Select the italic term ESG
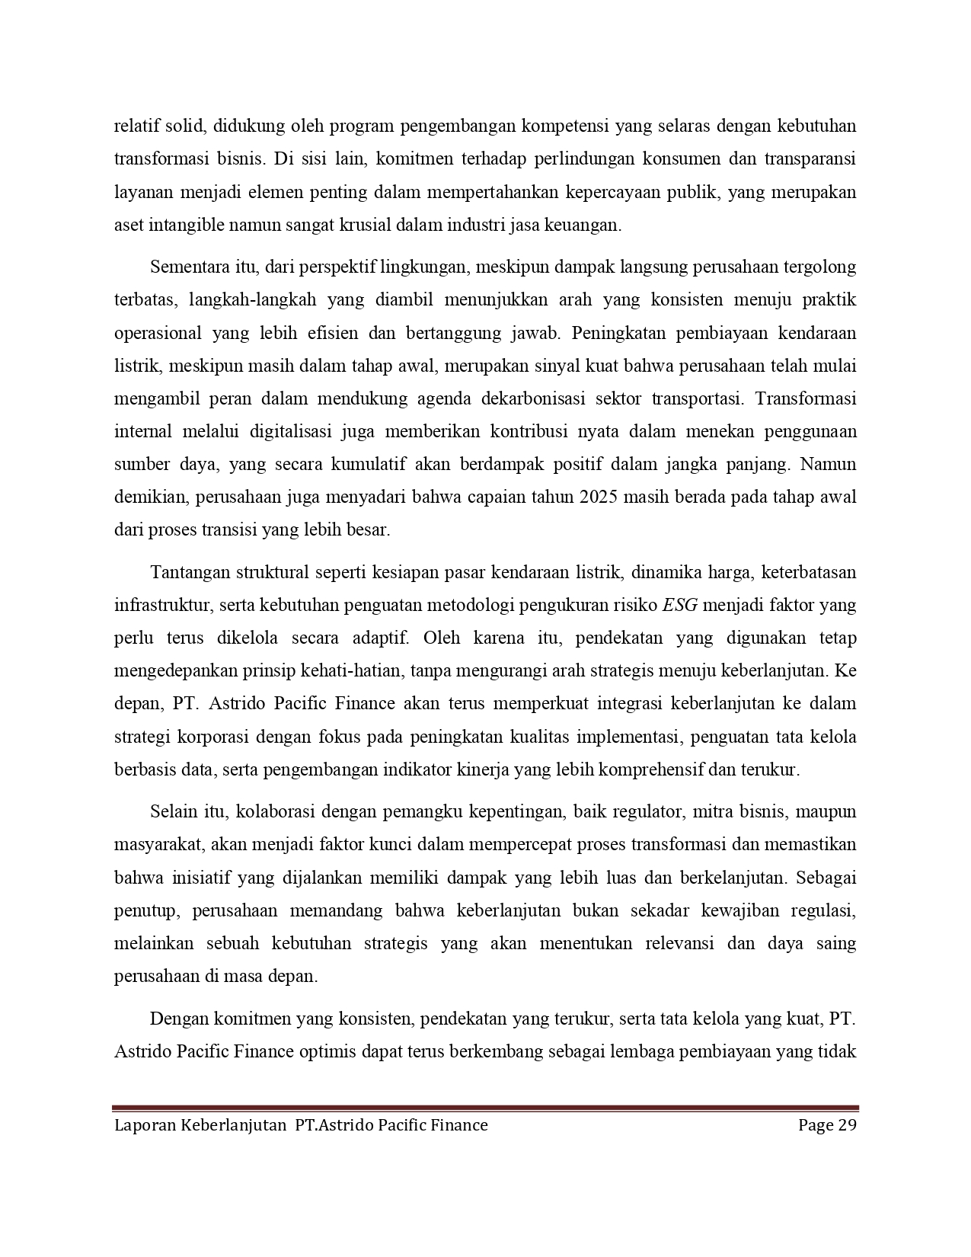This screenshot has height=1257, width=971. [x=680, y=605]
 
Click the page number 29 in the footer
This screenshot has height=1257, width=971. [x=848, y=1124]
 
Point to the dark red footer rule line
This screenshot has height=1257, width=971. [x=485, y=1108]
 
